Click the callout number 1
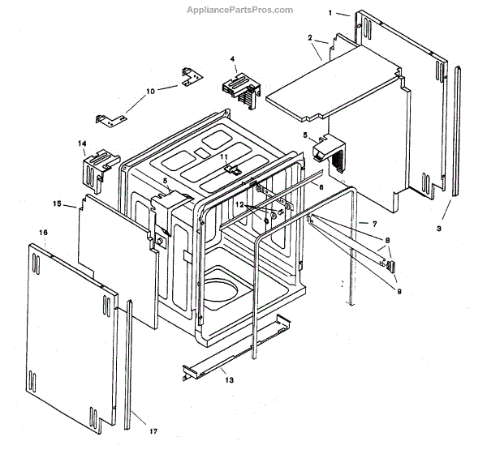pos(332,13)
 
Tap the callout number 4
pos(233,59)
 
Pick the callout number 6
pos(321,187)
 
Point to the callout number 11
pos(223,156)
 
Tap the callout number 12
pos(239,206)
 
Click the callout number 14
pos(82,143)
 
